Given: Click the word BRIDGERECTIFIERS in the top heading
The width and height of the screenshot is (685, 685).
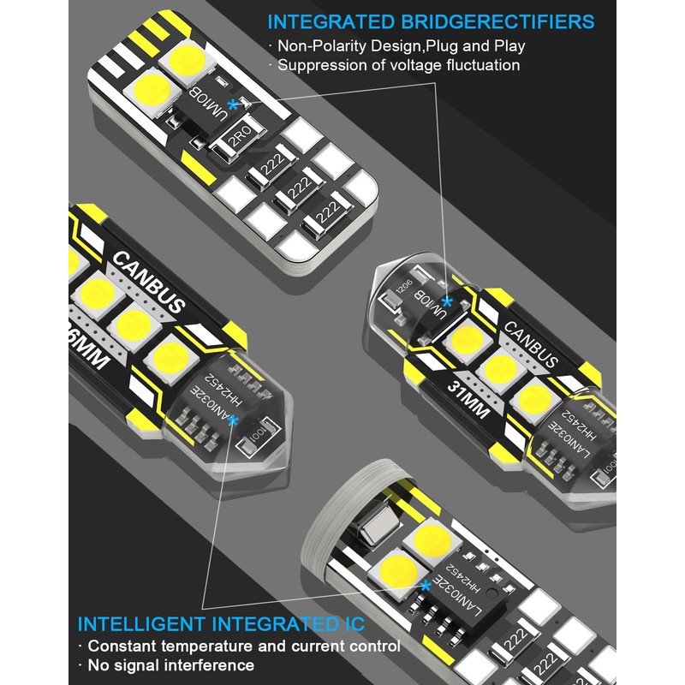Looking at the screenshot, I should pos(506,21).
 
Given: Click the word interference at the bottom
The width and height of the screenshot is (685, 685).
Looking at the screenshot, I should pos(206,665).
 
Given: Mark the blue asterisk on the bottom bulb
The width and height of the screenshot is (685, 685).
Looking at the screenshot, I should pos(426,586).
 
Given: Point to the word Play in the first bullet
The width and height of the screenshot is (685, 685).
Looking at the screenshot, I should pos(509,45).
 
